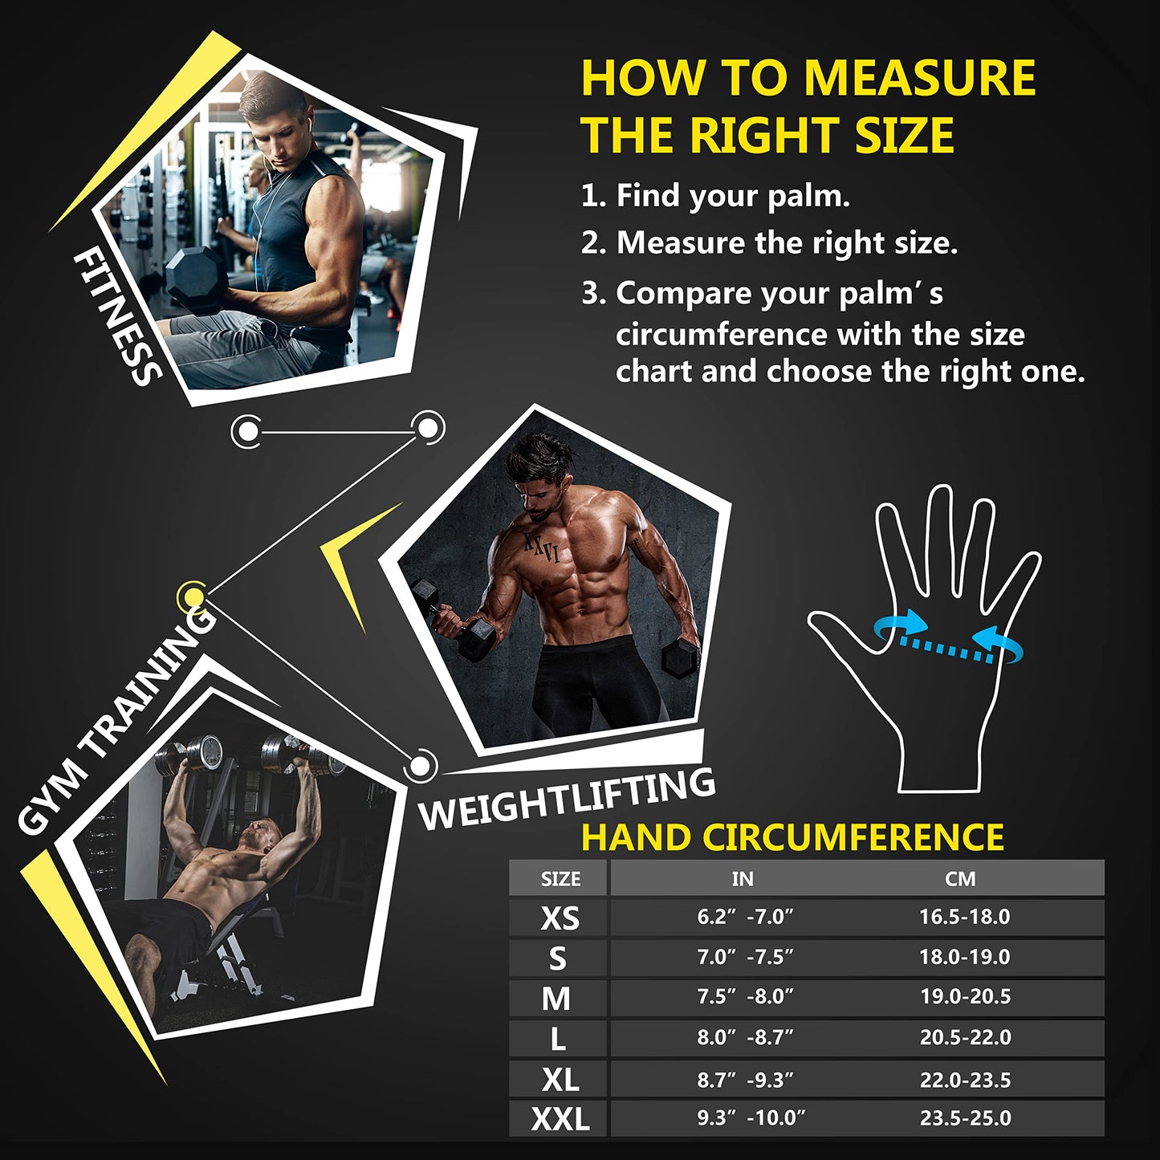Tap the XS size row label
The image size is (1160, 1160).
[560, 918]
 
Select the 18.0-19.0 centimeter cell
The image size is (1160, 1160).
[964, 957]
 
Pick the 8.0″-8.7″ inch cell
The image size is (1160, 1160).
[745, 1037]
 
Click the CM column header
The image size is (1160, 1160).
[960, 879]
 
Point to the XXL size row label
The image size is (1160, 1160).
[560, 1118]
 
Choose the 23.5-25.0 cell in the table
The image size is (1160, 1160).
[965, 1118]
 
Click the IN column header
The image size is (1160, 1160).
[743, 879]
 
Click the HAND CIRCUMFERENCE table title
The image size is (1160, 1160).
[792, 837]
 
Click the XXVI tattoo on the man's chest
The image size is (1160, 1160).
[541, 547]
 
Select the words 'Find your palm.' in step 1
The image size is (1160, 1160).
[732, 195]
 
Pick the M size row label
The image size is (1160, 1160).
[556, 998]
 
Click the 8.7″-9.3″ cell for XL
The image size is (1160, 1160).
[745, 1080]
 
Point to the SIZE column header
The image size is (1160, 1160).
[560, 879]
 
